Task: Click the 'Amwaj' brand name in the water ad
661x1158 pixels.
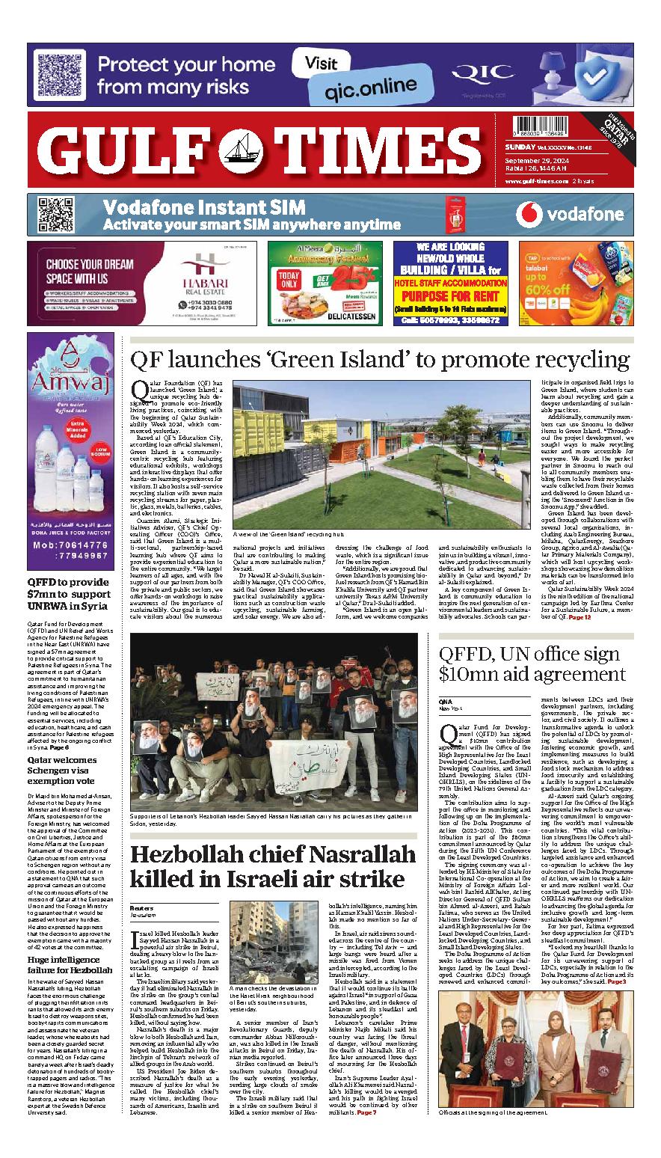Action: click(70, 385)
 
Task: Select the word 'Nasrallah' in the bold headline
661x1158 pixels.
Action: click(338, 855)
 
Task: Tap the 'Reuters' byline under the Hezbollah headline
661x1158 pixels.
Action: click(141, 907)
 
